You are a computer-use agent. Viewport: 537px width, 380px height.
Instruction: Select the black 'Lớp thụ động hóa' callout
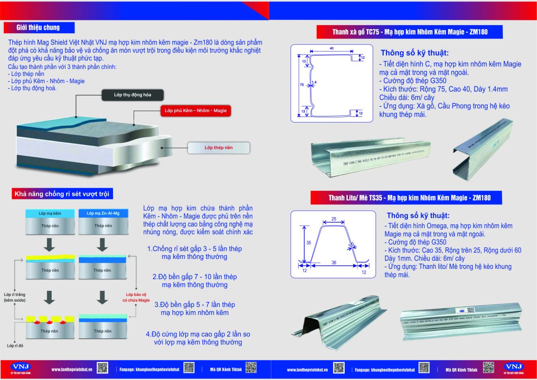tap(132, 95)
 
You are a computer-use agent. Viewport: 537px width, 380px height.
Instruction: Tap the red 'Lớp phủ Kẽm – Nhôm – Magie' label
tap(196, 111)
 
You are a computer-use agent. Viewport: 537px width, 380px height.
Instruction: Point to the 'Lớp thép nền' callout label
tap(218, 148)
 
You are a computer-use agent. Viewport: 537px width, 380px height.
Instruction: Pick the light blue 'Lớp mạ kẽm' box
tap(49, 214)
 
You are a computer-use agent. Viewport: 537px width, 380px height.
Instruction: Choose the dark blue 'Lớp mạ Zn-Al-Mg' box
tap(103, 214)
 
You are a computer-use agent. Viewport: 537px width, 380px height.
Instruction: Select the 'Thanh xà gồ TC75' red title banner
tap(410, 32)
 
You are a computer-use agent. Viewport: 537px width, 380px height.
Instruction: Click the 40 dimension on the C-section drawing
tap(330, 48)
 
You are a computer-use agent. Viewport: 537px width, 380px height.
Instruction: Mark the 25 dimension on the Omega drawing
tap(334, 219)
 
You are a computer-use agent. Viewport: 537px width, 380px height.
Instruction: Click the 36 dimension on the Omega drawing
tap(334, 263)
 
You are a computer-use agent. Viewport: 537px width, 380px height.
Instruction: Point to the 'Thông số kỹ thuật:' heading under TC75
tap(415, 53)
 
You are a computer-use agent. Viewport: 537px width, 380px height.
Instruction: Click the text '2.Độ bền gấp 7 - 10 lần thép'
tap(195, 276)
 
